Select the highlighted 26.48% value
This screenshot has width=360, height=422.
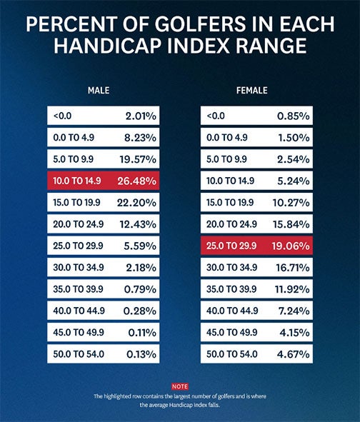(141, 180)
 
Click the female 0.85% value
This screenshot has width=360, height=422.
(294, 115)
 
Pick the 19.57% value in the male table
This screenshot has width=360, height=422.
(141, 159)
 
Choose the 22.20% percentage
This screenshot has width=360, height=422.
(141, 202)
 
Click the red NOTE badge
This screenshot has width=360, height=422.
(180, 386)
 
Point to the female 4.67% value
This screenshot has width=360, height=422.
(294, 353)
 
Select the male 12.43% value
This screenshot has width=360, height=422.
(141, 223)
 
